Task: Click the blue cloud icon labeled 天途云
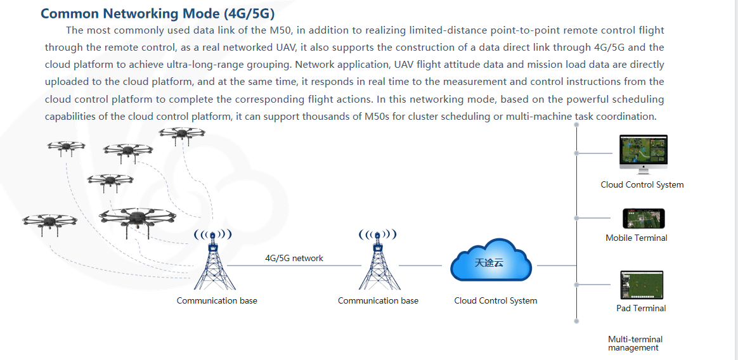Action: pos(491,260)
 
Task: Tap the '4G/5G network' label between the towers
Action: pos(294,259)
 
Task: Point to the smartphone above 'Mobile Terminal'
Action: pos(644,219)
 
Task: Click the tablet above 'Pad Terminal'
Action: pos(642,285)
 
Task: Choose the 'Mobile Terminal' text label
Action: pos(637,238)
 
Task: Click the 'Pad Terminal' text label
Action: pos(641,309)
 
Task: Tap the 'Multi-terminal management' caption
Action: pos(635,344)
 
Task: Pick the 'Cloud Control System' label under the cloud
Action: pos(496,300)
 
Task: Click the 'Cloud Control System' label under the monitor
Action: pos(642,185)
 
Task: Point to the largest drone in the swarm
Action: pos(137,219)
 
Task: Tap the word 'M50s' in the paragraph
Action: pos(377,117)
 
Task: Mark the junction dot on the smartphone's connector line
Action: pos(576,219)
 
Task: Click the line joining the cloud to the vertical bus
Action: pos(557,266)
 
